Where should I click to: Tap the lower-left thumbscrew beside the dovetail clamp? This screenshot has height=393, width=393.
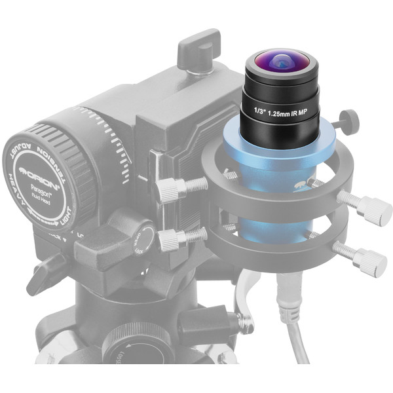coord(170,240)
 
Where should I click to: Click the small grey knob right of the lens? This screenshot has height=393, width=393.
coord(349,121)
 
